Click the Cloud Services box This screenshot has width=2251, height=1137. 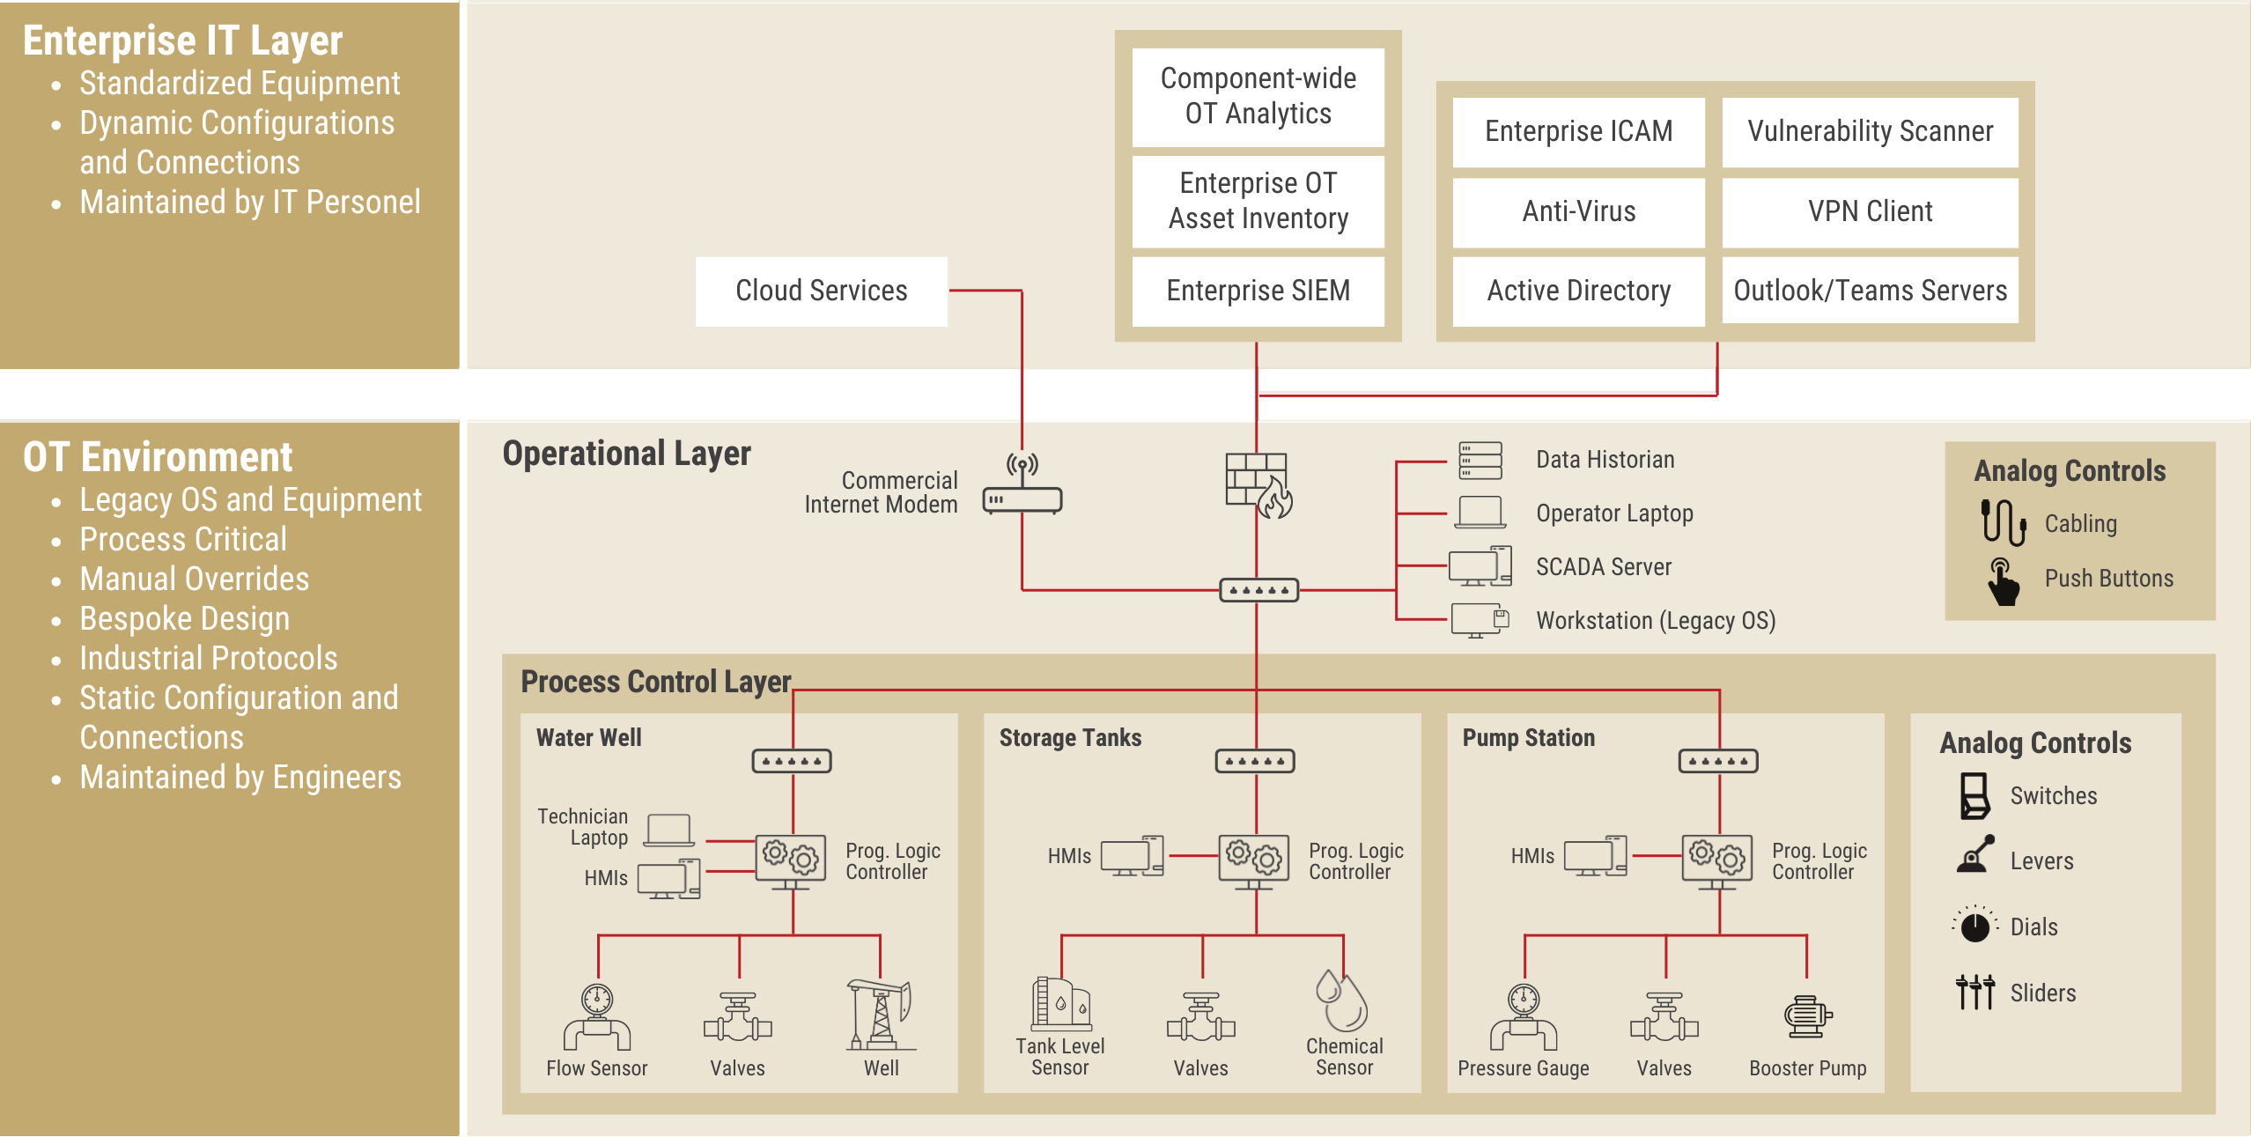[821, 291]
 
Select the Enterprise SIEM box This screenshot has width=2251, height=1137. [1258, 291]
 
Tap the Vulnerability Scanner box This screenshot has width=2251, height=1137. [1870, 132]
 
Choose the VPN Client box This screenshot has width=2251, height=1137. [1870, 212]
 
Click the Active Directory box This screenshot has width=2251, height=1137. [1578, 291]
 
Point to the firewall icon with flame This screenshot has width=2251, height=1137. [1258, 485]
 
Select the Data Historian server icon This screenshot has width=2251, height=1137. [1480, 461]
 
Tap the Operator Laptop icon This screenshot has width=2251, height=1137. [1480, 513]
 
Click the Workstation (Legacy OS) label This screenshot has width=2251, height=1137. [1656, 621]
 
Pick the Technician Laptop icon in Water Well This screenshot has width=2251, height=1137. [668, 830]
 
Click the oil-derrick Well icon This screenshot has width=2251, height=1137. [880, 1015]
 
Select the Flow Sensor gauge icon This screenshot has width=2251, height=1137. [597, 1017]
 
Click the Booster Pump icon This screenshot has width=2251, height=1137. [1807, 1017]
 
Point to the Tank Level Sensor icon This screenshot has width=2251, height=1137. [1061, 1004]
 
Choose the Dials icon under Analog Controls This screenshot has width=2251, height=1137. [1975, 925]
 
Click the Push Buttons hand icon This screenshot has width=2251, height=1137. [2003, 581]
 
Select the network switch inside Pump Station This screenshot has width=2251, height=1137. [1718, 761]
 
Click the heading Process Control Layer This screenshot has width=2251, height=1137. [656, 682]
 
